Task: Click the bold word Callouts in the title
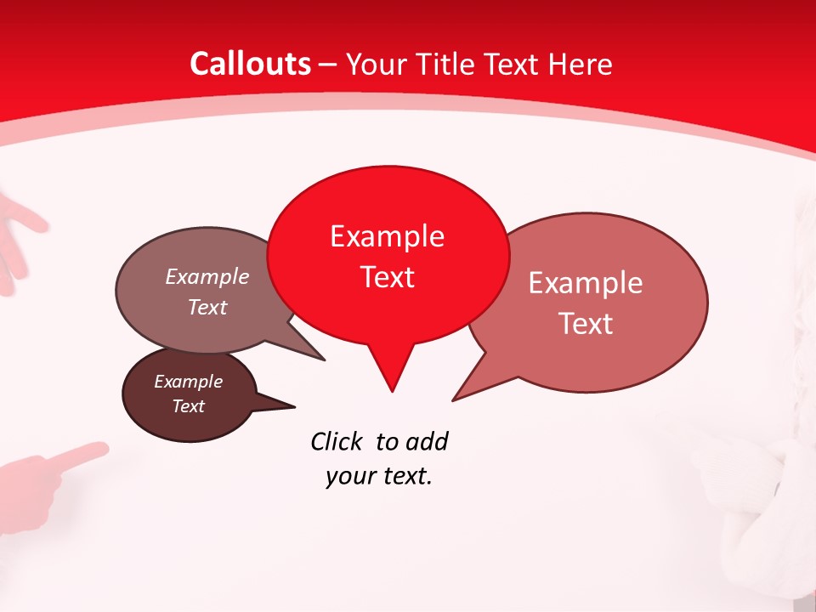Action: pos(250,64)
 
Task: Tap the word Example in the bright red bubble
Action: pos(387,236)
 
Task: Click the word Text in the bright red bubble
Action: pos(387,277)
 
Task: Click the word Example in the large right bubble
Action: pos(586,283)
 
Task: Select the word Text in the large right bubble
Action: pos(586,324)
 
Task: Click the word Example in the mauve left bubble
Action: pos(207,277)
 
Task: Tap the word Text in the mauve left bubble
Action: pos(207,307)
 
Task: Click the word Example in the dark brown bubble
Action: pos(189,382)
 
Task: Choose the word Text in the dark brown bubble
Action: pos(189,406)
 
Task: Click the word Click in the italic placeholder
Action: pos(338,441)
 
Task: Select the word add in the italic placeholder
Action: pos(427,441)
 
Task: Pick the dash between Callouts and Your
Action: pos(328,65)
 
